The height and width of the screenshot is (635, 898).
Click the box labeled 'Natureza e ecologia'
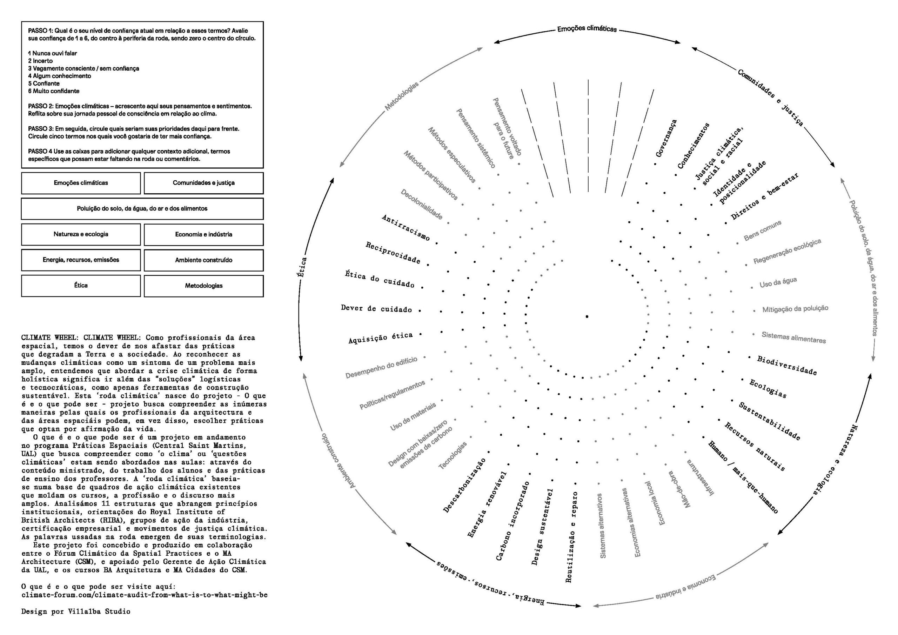pos(81,234)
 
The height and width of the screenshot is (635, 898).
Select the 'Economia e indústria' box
pos(203,234)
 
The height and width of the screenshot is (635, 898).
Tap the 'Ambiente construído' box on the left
pos(203,260)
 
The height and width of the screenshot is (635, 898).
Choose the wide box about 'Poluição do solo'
pos(142,208)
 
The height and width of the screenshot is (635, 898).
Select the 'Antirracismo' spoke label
pos(406,227)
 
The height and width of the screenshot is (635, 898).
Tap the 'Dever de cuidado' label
pos(376,309)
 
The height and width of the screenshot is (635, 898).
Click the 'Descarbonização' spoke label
pos(465,485)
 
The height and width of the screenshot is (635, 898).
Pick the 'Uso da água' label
pos(778,283)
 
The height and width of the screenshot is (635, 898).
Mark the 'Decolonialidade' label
pos(421,204)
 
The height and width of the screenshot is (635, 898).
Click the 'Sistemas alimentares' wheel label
pos(793,337)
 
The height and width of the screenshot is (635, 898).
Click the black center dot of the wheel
pos(587,316)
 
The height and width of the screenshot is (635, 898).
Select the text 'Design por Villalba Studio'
pos(76,611)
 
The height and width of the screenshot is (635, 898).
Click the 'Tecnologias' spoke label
pos(453,455)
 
